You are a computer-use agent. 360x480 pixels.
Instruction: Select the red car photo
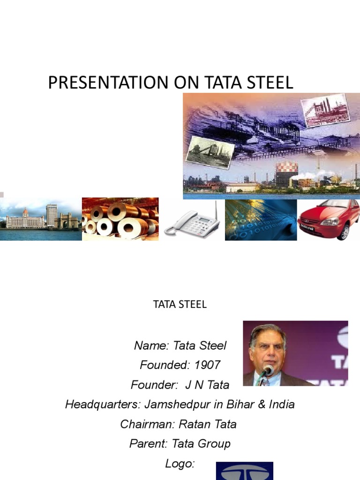328,219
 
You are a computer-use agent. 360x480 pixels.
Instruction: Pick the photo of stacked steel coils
120,219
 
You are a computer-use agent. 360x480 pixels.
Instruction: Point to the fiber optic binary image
261,219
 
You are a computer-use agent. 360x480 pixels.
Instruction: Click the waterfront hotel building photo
41,219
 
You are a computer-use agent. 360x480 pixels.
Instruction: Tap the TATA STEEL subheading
180,304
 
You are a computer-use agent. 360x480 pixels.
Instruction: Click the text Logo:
180,464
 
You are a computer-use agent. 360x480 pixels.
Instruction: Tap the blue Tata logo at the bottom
244,471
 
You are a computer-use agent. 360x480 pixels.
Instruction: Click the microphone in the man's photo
267,371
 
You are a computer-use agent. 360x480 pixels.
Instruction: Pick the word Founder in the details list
153,385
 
